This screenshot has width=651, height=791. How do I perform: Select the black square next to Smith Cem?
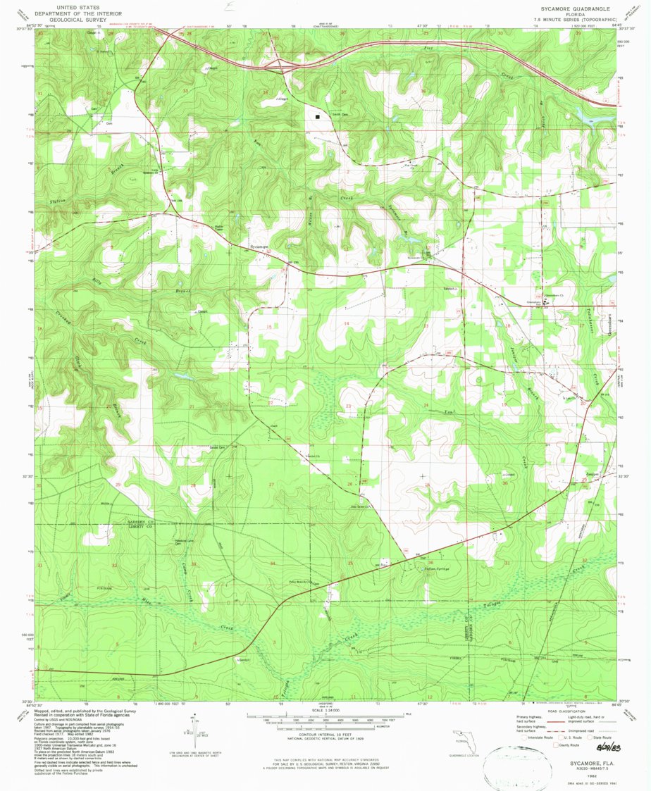point(318,117)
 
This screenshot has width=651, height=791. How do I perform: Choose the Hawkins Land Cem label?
point(184,542)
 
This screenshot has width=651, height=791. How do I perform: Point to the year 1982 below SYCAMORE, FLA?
point(582,770)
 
